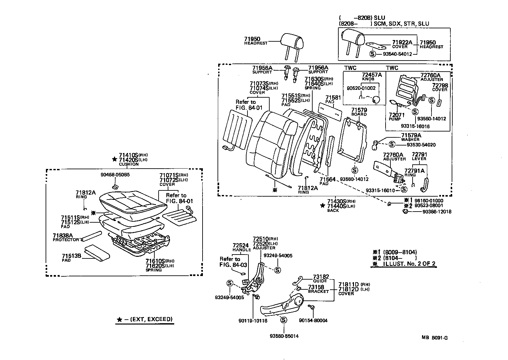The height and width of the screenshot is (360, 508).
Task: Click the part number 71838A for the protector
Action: click(x=63, y=235)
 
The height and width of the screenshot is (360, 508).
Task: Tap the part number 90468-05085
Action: click(x=115, y=174)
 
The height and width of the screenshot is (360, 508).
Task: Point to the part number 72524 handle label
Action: click(x=241, y=245)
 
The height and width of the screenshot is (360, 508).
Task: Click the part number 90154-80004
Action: click(x=313, y=321)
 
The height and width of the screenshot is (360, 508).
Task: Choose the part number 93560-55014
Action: click(x=284, y=336)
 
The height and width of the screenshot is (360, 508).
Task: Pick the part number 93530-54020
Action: click(x=418, y=145)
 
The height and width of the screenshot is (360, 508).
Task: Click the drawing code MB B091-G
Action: click(x=434, y=338)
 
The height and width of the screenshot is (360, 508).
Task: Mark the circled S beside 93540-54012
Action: click(x=373, y=54)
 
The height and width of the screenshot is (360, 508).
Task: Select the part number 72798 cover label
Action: click(x=440, y=85)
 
